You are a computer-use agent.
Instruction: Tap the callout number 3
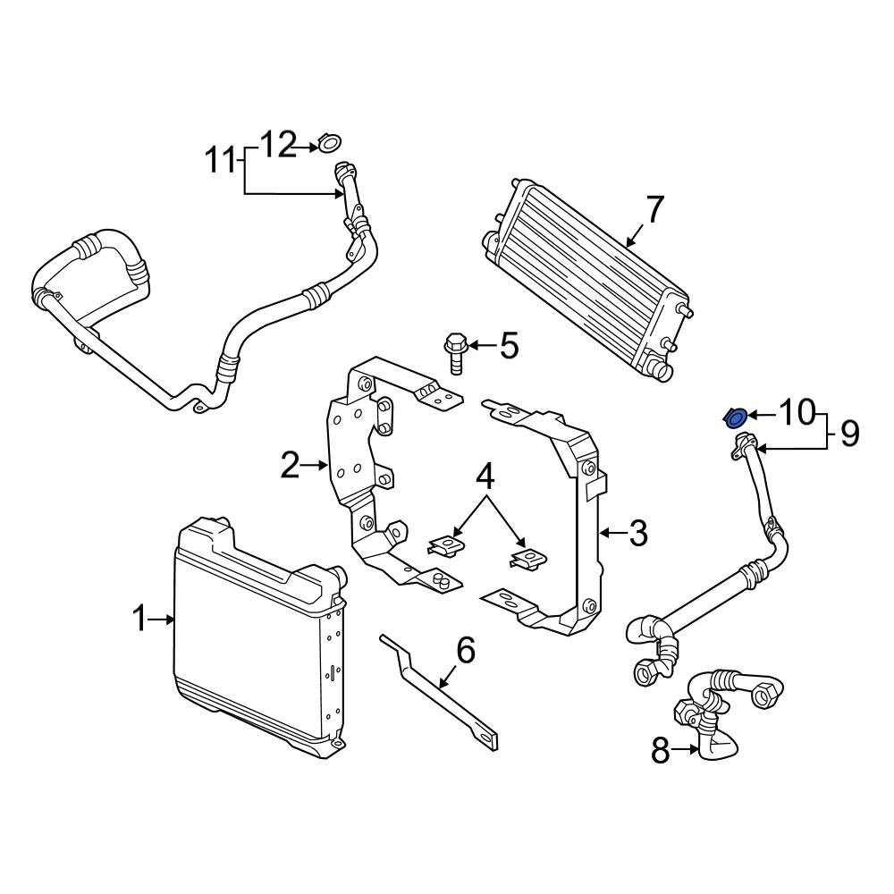click(x=637, y=534)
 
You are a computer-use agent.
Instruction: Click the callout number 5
click(x=509, y=345)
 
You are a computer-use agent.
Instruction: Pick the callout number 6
click(x=466, y=652)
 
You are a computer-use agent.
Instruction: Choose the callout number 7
click(x=654, y=211)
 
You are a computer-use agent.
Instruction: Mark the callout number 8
click(x=661, y=752)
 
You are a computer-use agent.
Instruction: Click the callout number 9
click(x=848, y=434)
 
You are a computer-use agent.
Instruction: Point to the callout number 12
click(x=277, y=144)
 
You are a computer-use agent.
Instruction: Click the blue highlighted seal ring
click(x=736, y=417)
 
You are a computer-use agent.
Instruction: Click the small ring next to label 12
click(x=329, y=143)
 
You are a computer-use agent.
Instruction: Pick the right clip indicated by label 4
click(x=527, y=560)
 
